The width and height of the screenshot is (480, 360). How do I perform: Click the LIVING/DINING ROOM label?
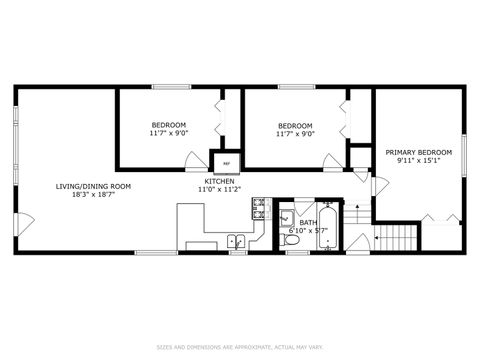point(93,186)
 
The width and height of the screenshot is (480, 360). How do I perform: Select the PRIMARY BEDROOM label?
point(418,152)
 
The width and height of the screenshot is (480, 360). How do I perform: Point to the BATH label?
point(307,223)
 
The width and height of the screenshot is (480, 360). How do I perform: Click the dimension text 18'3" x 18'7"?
point(93,195)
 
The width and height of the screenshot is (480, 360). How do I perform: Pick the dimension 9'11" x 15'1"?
point(418,160)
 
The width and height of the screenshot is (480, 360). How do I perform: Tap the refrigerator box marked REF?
point(226,162)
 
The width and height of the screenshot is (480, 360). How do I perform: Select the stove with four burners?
point(259,208)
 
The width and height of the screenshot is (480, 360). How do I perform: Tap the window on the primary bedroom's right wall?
point(463,152)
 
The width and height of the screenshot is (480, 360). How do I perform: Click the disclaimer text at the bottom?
point(240,347)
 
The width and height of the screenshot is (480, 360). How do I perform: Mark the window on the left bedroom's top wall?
point(166,87)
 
